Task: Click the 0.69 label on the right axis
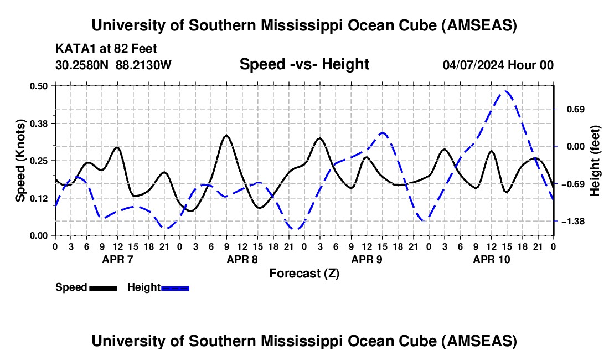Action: click(573, 109)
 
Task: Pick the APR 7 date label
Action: click(117, 259)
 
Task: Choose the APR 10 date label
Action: click(491, 259)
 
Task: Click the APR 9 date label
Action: click(367, 259)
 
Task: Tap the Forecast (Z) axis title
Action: click(304, 273)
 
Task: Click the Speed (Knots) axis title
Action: click(20, 160)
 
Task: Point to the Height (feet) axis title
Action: click(595, 161)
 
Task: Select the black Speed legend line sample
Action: click(103, 287)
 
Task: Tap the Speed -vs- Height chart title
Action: click(304, 64)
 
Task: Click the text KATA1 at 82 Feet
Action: click(102, 48)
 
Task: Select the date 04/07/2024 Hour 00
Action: click(498, 65)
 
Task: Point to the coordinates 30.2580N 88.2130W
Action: click(113, 65)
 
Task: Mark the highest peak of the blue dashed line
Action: click(505, 91)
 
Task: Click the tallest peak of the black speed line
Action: click(226, 135)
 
